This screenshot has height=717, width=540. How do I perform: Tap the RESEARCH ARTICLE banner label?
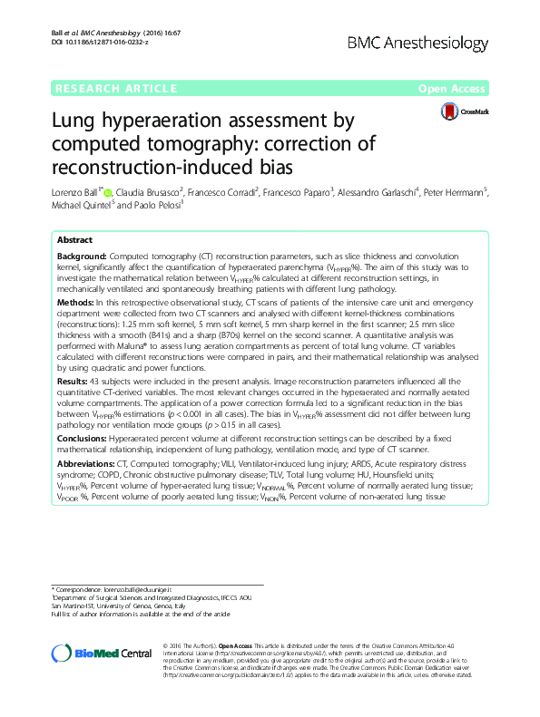114,88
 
